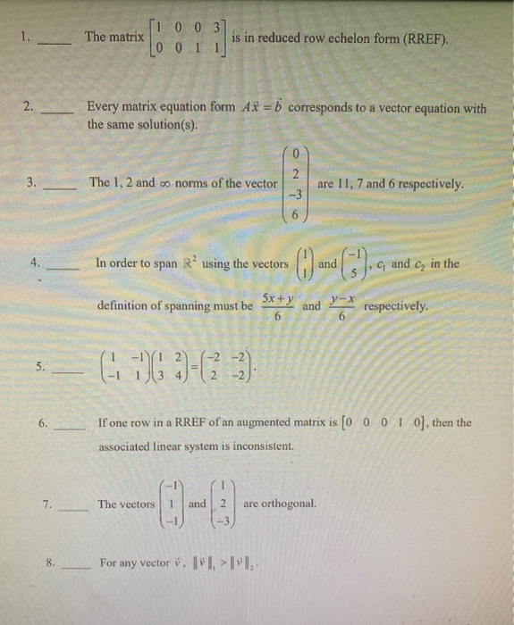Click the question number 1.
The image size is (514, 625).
pos(26,38)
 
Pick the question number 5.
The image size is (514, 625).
pos(40,367)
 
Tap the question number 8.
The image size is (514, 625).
pos(51,562)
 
